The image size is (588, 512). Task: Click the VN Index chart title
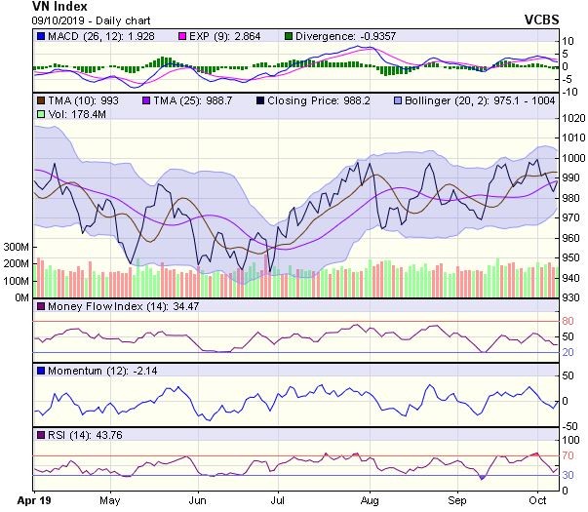click(33, 7)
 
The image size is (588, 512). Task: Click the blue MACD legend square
click(39, 36)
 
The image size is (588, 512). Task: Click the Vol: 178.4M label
click(68, 114)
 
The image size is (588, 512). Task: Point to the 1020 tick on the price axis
click(572, 118)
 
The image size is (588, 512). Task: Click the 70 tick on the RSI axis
click(567, 455)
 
